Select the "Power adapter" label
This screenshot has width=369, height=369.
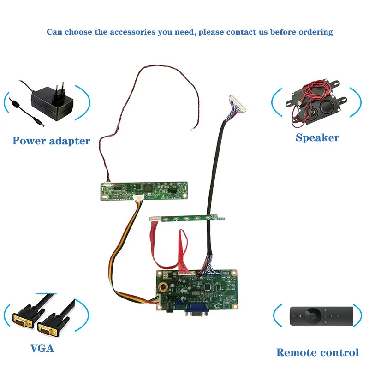[x=51, y=141]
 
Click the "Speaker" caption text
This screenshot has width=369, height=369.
[x=317, y=137]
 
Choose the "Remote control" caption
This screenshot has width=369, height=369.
[x=317, y=352]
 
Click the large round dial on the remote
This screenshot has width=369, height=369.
[x=313, y=316]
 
